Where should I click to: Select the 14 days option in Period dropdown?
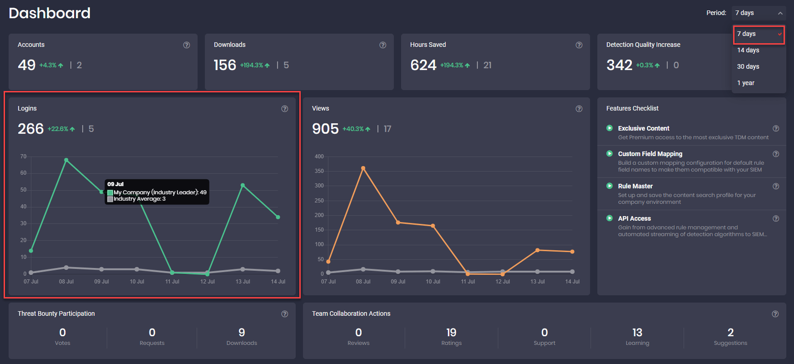(x=748, y=50)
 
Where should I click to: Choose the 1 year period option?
(x=745, y=83)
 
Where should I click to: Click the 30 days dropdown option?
(x=748, y=66)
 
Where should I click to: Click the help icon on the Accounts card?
(x=187, y=45)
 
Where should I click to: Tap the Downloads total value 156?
(x=225, y=65)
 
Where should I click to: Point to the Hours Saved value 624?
(x=423, y=65)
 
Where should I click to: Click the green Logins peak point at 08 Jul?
(x=66, y=160)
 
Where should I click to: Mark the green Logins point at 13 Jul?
(x=243, y=185)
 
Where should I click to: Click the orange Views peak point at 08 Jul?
(x=363, y=168)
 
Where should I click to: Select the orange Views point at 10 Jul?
(x=433, y=226)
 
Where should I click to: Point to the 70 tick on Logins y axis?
(x=23, y=157)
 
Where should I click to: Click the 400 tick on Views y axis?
(x=319, y=157)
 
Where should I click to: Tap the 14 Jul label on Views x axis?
(x=572, y=282)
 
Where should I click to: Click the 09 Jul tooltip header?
(x=115, y=184)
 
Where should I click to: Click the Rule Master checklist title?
(x=635, y=186)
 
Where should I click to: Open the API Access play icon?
(x=610, y=218)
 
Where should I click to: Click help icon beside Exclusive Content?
(x=776, y=128)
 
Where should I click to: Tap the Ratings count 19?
(x=451, y=333)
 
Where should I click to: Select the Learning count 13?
(x=637, y=333)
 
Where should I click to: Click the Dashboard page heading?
(x=50, y=13)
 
